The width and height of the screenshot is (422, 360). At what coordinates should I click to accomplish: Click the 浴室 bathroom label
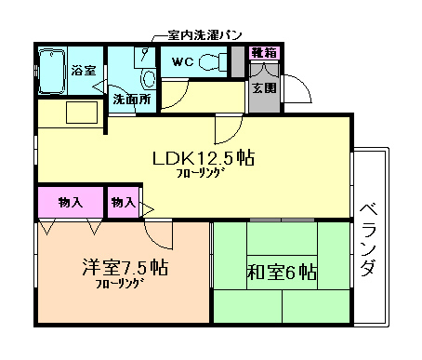coord(82,70)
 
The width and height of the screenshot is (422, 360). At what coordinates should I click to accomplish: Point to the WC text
coord(183,63)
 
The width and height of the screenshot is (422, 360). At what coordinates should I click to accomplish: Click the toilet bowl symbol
coord(213,63)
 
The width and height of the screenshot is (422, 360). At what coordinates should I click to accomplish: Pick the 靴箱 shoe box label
coord(263,53)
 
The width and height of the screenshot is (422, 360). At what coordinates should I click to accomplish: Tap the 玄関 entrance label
coord(263,88)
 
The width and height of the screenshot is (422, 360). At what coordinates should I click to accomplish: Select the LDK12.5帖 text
coord(204,158)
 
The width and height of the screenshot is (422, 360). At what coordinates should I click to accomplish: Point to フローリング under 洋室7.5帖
coord(118,284)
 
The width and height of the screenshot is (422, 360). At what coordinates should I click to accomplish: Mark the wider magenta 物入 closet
coord(71,202)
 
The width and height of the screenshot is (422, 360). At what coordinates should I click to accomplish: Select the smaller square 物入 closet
coord(123,202)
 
